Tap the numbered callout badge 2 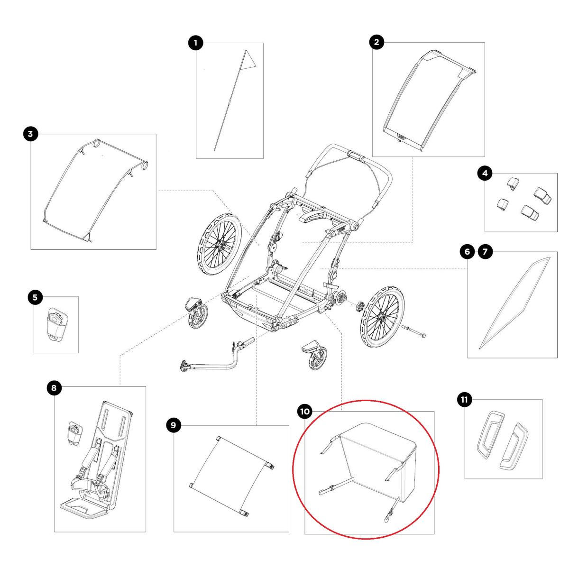(x=376, y=42)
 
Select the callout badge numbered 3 (x=30, y=134)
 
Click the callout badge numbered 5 (x=35, y=297)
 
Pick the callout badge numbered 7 (x=485, y=252)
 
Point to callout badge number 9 (x=173, y=425)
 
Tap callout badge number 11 (x=464, y=400)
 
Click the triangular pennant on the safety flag (x=250, y=59)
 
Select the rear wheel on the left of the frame (x=216, y=242)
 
